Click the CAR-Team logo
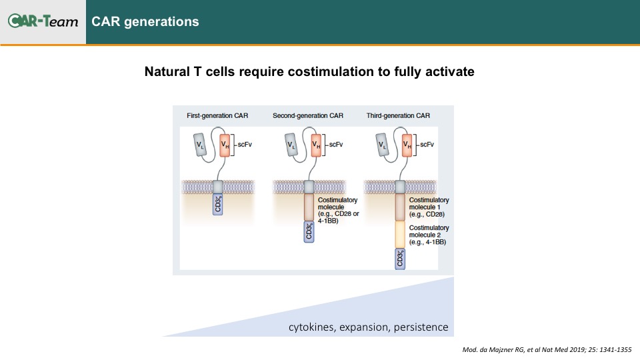point(43,21)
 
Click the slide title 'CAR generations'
point(145,21)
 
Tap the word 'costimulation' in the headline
point(331,71)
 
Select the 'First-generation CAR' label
point(217,115)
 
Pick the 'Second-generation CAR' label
point(308,115)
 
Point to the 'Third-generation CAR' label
point(398,115)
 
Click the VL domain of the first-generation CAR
point(199,145)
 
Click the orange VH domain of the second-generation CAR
point(316,145)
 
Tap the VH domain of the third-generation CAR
point(407,145)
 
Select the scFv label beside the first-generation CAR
point(245,145)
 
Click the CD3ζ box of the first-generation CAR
point(217,204)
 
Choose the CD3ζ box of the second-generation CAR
point(309,232)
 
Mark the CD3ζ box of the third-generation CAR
point(400,259)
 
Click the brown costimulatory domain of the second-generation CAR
point(309,207)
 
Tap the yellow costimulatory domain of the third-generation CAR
point(400,235)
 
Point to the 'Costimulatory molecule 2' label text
point(429,235)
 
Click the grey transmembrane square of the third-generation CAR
point(400,187)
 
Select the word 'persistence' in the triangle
point(421,327)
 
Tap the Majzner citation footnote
point(547,349)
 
